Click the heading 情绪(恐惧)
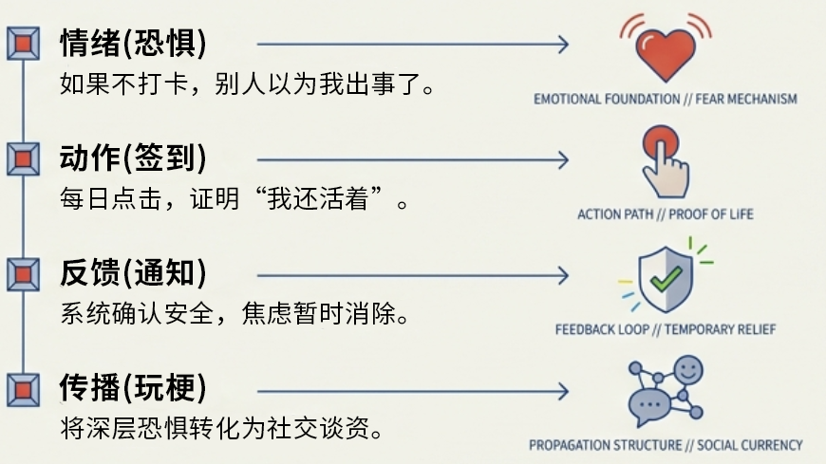coord(132,44)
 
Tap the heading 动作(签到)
coord(132,158)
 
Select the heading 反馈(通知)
coord(132,273)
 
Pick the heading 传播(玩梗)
coord(132,388)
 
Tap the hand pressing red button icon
coord(665,161)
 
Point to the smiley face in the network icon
coord(688,368)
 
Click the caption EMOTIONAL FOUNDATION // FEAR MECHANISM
coord(665,99)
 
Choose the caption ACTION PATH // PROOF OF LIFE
coord(665,214)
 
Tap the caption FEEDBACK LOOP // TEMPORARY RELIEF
coord(665,329)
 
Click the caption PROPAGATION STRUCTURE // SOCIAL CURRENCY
coord(665,444)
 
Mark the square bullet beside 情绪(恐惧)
coord(22,44)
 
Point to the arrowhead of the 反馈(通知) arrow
coord(563,275)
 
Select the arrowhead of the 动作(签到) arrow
coord(563,159)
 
